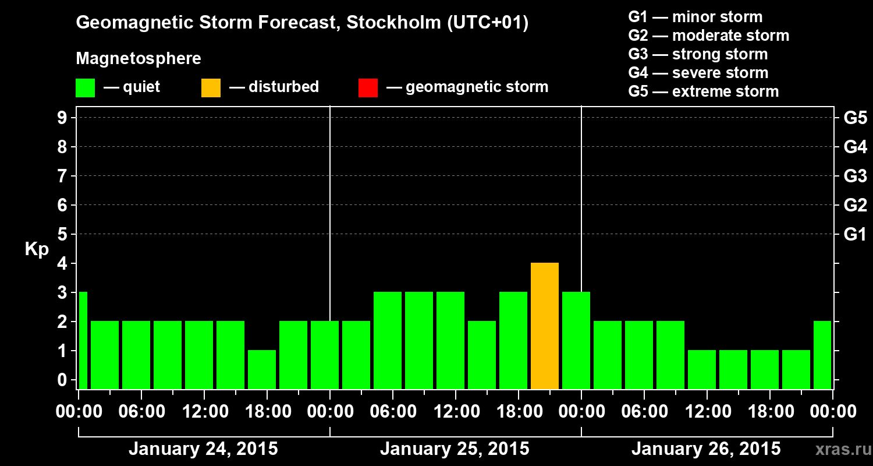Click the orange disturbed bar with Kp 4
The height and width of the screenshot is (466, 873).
click(x=545, y=326)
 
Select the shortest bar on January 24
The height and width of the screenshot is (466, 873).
click(x=262, y=369)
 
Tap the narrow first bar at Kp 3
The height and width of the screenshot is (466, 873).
click(x=83, y=340)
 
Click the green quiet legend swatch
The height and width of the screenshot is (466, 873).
click(x=85, y=88)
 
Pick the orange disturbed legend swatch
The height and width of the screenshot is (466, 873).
click(x=211, y=88)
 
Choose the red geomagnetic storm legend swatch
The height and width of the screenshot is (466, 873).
click(x=368, y=88)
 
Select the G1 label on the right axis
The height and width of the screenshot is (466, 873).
click(x=855, y=235)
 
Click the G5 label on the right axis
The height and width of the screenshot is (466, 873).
click(x=855, y=118)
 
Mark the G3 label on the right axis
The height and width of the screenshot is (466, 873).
click(x=855, y=176)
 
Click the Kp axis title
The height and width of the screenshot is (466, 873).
click(x=37, y=249)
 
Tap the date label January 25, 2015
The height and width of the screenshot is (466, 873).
click(x=455, y=449)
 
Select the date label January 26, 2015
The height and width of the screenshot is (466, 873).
click(x=706, y=449)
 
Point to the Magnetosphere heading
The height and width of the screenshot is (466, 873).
click(x=139, y=59)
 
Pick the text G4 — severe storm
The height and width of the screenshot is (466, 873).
click(x=698, y=73)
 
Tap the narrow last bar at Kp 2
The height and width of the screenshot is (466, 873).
click(x=822, y=355)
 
